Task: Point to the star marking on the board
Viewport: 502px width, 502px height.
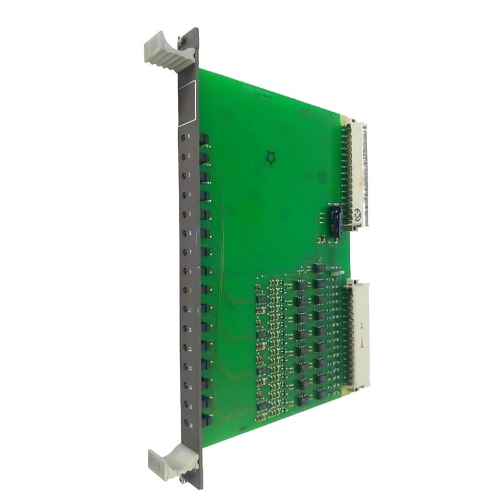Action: (x=270, y=158)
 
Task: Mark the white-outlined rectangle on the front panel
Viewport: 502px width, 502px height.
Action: (x=188, y=100)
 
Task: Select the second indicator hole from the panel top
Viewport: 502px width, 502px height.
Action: (x=183, y=156)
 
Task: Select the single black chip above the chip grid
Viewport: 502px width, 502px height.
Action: (x=319, y=268)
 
